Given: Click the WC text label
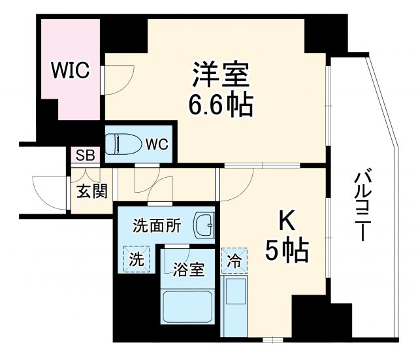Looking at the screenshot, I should click(157, 143).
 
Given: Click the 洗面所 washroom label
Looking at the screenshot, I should click(156, 227).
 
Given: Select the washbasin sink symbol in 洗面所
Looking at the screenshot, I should click(203, 225).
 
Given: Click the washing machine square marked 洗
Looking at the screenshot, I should click(136, 259).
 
